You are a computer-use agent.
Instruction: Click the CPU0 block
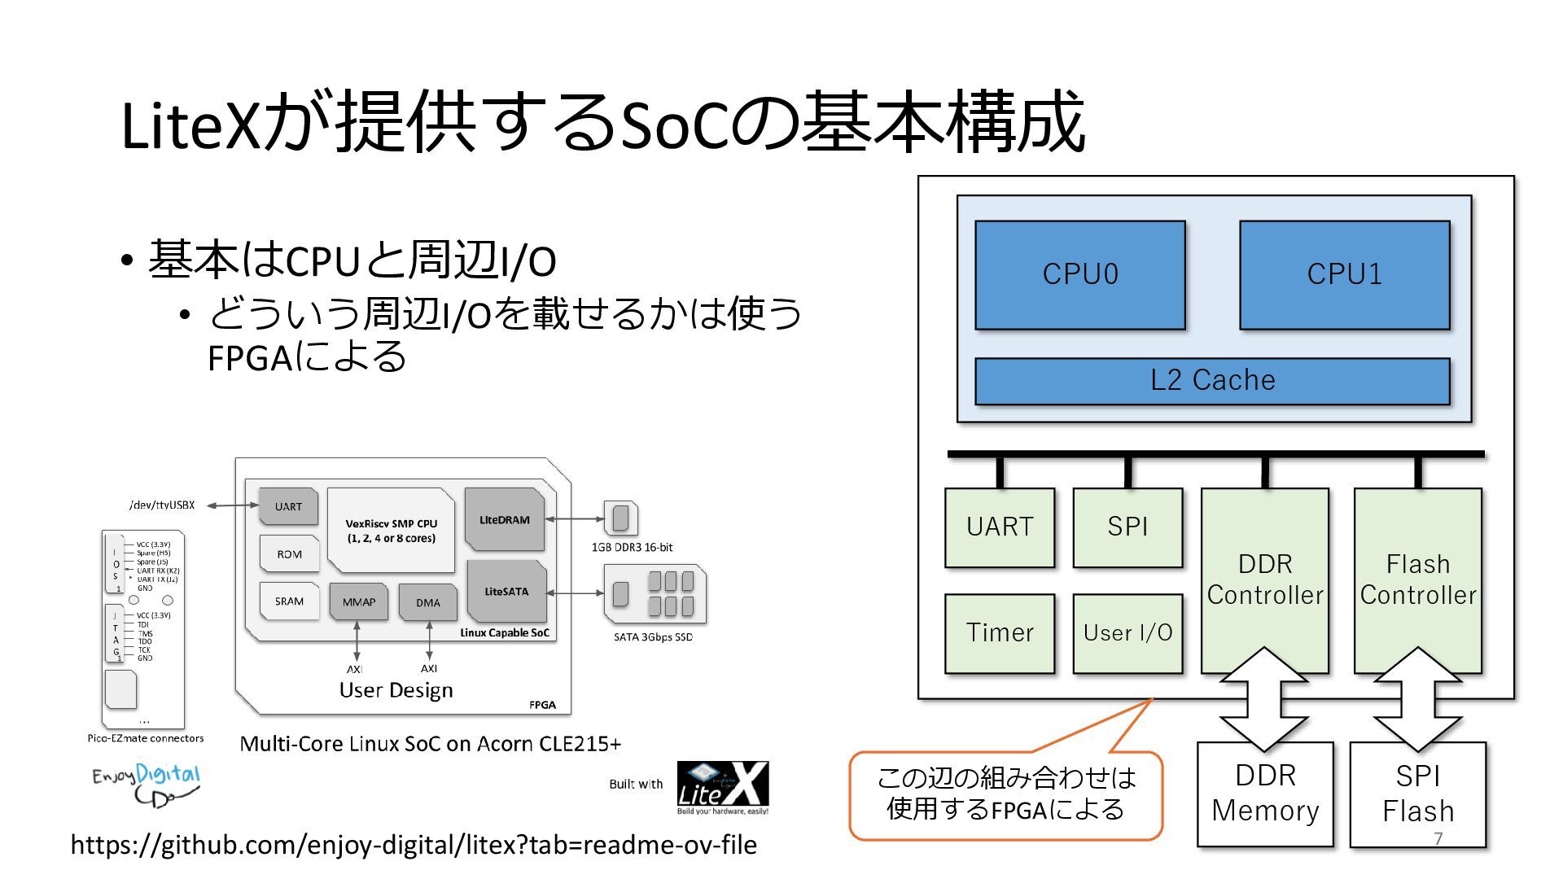pyautogui.click(x=1079, y=274)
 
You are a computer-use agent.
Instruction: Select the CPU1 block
pyautogui.click(x=1344, y=274)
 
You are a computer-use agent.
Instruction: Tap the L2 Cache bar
pyautogui.click(x=1212, y=380)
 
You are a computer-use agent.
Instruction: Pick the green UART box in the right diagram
pyautogui.click(x=1000, y=527)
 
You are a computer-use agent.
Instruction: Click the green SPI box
pyautogui.click(x=1127, y=527)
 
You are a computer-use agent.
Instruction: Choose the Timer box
pyautogui.click(x=1000, y=632)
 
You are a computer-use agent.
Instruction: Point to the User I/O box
pyautogui.click(x=1127, y=632)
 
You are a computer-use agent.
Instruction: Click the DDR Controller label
pyautogui.click(x=1265, y=579)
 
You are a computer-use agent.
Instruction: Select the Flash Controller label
pyautogui.click(x=1417, y=579)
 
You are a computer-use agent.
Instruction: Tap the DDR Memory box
pyautogui.click(x=1265, y=793)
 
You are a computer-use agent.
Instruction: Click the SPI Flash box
pyautogui.click(x=1417, y=793)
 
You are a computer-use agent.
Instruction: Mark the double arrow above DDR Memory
pyautogui.click(x=1264, y=698)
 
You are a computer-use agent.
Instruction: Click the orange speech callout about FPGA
pyautogui.click(x=1005, y=794)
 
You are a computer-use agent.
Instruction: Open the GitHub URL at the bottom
pyautogui.click(x=414, y=845)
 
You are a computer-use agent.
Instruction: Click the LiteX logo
pyautogui.click(x=722, y=787)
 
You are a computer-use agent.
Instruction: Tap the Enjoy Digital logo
pyautogui.click(x=147, y=784)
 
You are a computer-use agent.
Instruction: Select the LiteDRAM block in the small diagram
pyautogui.click(x=505, y=519)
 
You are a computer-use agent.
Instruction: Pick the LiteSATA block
pyautogui.click(x=506, y=592)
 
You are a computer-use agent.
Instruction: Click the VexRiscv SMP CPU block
pyautogui.click(x=391, y=531)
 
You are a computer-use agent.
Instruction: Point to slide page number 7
pyautogui.click(x=1438, y=838)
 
